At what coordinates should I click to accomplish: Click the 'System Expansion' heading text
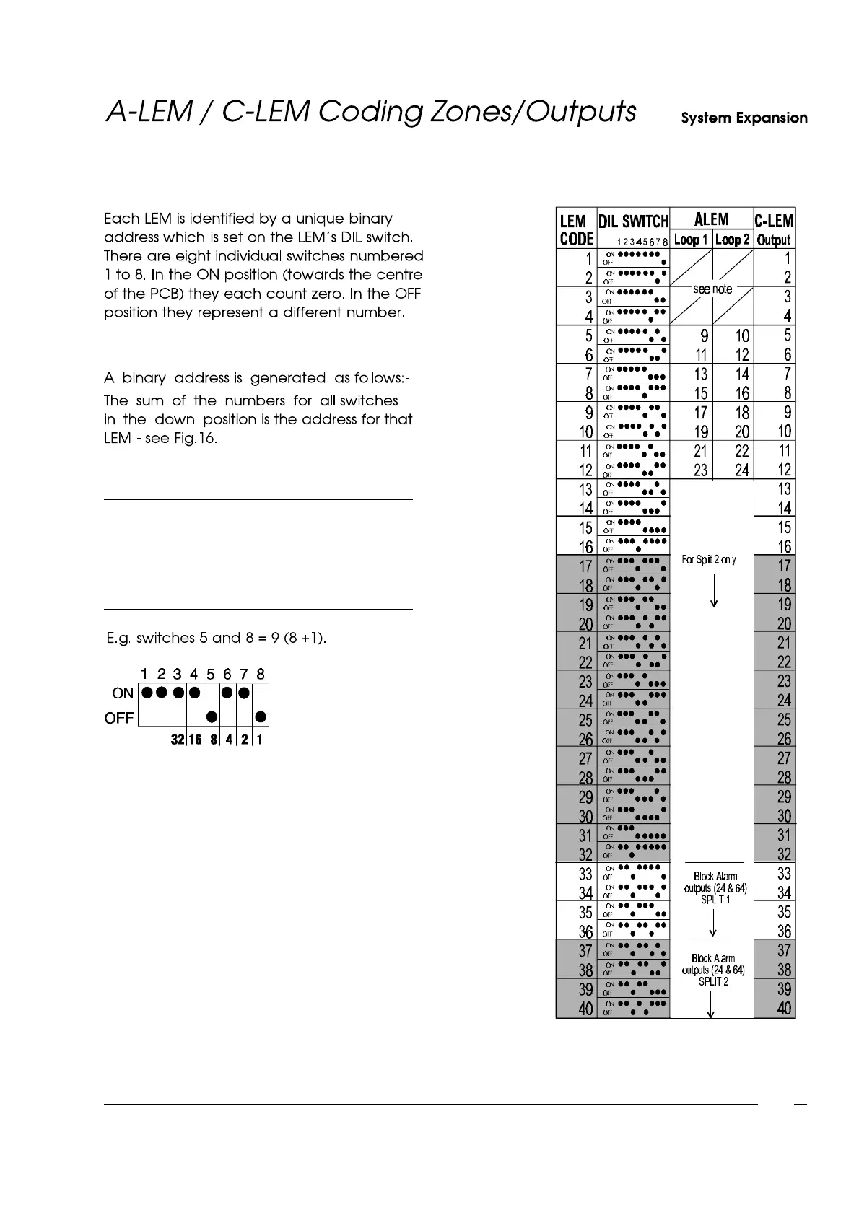click(744, 118)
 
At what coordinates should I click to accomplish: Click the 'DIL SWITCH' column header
click(633, 221)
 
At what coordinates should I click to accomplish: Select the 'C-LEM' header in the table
click(774, 221)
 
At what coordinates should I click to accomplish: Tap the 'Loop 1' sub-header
click(692, 240)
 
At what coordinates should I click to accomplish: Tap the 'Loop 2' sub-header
click(733, 240)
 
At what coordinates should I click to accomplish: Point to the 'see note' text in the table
click(712, 289)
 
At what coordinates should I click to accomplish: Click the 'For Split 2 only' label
click(709, 560)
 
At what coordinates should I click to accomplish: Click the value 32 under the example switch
click(178, 740)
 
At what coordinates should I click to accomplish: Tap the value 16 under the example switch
click(195, 740)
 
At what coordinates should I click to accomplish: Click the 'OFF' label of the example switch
click(119, 718)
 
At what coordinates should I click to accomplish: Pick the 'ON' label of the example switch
click(123, 693)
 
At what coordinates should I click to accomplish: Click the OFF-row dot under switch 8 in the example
click(261, 717)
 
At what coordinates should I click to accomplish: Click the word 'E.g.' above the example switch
click(119, 639)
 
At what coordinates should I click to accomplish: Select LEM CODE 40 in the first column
click(585, 1009)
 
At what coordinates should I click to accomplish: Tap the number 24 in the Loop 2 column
click(742, 470)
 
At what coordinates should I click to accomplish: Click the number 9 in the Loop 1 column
click(704, 336)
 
